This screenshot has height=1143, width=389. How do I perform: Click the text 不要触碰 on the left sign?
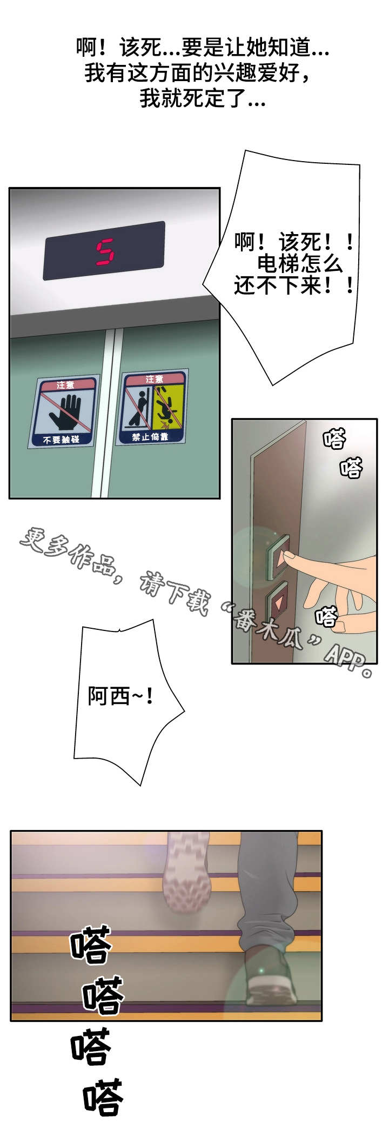[x=61, y=440]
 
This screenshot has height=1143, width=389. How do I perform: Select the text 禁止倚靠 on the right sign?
[x=150, y=436]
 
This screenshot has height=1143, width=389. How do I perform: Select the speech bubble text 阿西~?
[x=120, y=696]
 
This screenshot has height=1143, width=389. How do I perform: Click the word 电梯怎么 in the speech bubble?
[x=299, y=263]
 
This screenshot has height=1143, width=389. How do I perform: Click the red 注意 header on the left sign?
[x=65, y=385]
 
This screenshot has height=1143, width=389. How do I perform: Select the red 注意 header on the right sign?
[x=154, y=379]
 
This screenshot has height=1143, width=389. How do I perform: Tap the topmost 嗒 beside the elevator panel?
[x=334, y=438]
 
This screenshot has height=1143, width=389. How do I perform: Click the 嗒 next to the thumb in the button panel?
[x=326, y=616]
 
